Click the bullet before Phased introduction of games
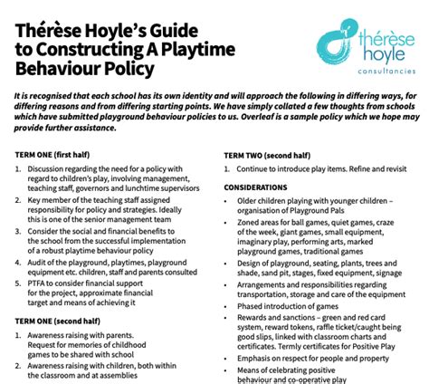click(x=227, y=305)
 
